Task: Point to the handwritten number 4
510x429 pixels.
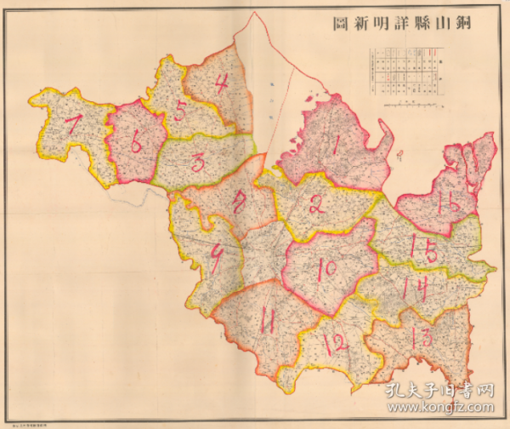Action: (x=221, y=84)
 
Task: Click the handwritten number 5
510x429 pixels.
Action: (x=180, y=110)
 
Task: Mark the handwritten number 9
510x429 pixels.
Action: (x=217, y=260)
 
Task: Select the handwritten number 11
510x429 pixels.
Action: (x=267, y=322)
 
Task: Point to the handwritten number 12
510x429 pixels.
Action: (x=336, y=343)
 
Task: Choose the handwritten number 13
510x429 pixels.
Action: (x=421, y=337)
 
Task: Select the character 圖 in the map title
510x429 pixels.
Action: (x=339, y=24)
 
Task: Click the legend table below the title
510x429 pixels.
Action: (x=405, y=70)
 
